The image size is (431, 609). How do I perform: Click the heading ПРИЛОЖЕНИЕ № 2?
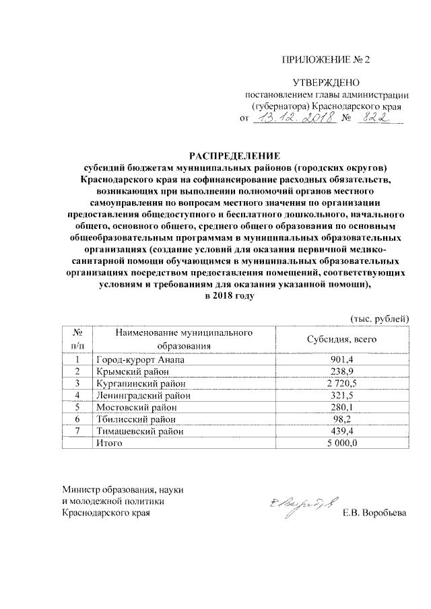(325, 59)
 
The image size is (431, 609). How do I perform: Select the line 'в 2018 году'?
(232, 296)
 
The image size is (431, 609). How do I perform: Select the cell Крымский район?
(131, 371)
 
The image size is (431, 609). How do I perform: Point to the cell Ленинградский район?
(143, 395)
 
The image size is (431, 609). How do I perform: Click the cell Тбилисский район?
(135, 419)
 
